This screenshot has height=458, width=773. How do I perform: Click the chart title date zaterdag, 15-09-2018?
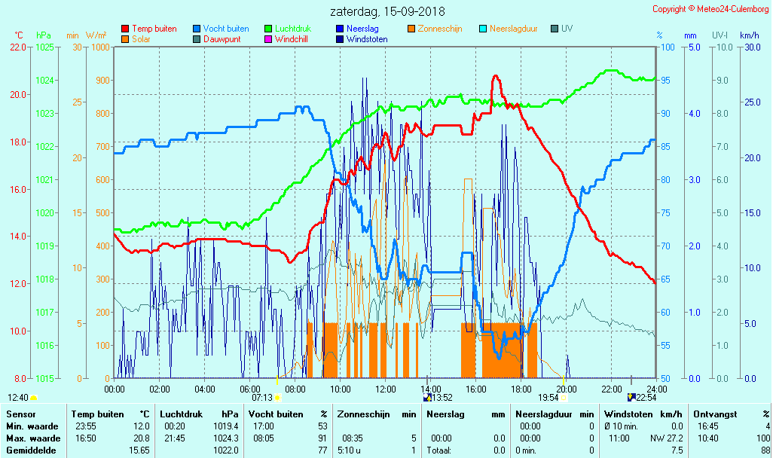[x=387, y=11]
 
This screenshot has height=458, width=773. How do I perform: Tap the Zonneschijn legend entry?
[x=440, y=29]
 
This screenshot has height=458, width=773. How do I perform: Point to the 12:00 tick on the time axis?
[x=385, y=389]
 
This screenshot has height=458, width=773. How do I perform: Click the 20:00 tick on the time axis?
[x=566, y=389]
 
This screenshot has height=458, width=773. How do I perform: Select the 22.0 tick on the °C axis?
[x=17, y=47]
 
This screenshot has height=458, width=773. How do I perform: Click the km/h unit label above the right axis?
[x=749, y=35]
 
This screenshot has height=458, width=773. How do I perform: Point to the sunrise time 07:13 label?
[x=261, y=397]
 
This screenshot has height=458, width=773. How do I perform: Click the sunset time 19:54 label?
[x=548, y=397]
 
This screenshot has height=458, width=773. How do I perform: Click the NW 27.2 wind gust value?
[x=667, y=438]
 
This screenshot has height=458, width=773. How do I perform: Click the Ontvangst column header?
[x=714, y=414]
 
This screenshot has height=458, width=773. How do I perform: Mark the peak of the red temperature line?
[x=495, y=75]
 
